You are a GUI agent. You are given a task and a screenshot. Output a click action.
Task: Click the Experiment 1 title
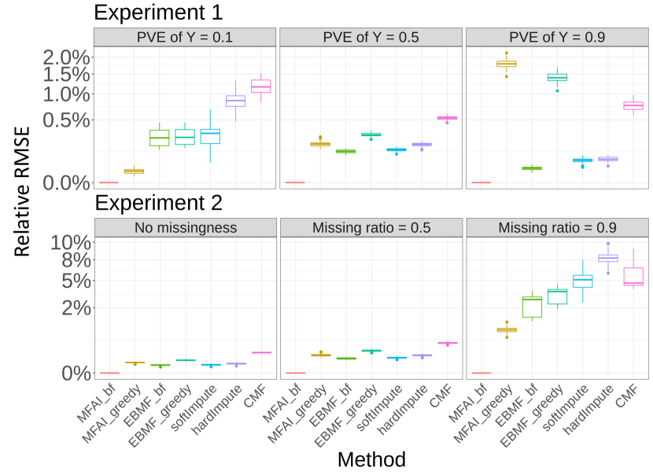pos(158,13)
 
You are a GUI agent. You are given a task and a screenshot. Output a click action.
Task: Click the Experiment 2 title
pos(158,203)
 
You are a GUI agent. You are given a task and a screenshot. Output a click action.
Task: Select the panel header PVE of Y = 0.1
pos(185,38)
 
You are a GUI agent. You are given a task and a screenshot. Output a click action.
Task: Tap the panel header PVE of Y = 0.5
pos(371,38)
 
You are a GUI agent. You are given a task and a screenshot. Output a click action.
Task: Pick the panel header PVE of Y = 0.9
pos(557,38)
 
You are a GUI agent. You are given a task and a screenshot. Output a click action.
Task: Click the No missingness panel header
pos(185,228)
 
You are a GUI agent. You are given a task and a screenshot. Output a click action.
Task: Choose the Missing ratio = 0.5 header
pos(371,228)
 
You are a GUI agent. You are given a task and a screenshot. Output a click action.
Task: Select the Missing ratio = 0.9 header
pos(557,228)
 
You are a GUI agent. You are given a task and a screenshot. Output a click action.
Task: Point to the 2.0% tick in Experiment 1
pos(66,57)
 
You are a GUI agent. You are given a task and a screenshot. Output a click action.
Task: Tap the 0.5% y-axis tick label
pos(66,120)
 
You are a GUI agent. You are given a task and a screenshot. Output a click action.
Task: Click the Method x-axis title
pos(371,459)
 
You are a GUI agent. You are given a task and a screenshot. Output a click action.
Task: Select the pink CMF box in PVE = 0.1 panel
pos(261,86)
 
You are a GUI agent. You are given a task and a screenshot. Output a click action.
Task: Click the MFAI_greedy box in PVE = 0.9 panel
pos(507,64)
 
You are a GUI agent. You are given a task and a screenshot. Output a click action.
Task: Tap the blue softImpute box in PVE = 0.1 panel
pos(210,136)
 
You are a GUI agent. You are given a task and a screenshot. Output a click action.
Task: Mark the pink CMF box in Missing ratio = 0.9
pos(633,276)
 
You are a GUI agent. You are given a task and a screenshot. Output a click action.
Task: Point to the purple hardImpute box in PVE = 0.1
pos(235,101)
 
